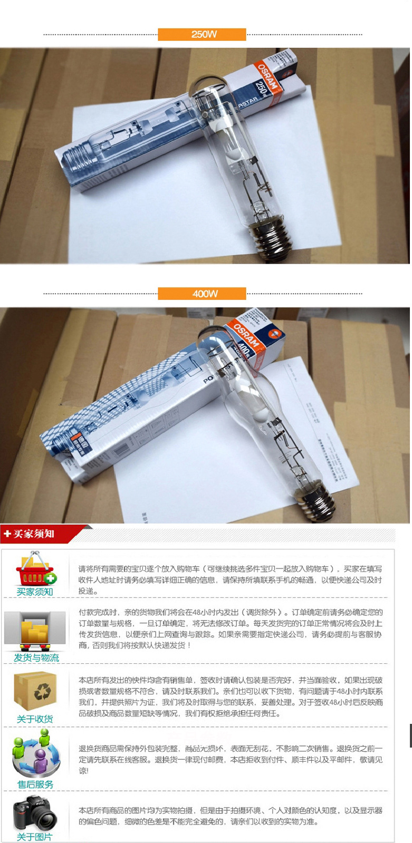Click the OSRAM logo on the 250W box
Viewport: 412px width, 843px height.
(267, 76)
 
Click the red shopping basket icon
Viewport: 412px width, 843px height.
(35, 569)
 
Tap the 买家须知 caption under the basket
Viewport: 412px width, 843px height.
(35, 592)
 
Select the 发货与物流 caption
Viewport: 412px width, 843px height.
(36, 657)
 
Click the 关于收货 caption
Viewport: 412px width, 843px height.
(35, 719)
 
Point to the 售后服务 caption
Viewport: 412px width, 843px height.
(35, 784)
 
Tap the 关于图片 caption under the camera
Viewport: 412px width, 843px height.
(35, 837)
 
